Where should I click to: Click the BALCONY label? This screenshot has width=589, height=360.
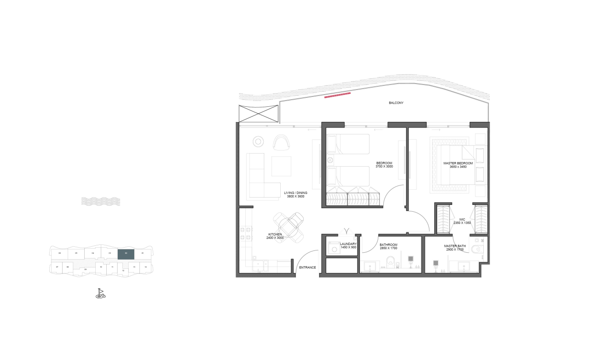[396, 103]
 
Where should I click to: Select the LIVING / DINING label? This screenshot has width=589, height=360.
[295, 193]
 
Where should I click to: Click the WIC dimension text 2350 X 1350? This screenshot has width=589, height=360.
[462, 223]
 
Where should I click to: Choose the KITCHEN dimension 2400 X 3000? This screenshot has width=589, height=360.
[275, 238]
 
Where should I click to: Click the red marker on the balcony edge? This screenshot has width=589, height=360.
[338, 95]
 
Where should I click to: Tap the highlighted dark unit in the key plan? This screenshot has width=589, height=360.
[126, 254]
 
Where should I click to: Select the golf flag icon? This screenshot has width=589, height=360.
[100, 293]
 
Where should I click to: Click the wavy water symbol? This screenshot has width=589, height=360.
[101, 201]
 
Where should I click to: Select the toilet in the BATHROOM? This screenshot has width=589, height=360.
[391, 261]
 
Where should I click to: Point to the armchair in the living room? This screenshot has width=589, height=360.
[280, 142]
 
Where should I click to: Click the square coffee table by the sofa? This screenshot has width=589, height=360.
[281, 166]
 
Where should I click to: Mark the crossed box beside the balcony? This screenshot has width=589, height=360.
[259, 113]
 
